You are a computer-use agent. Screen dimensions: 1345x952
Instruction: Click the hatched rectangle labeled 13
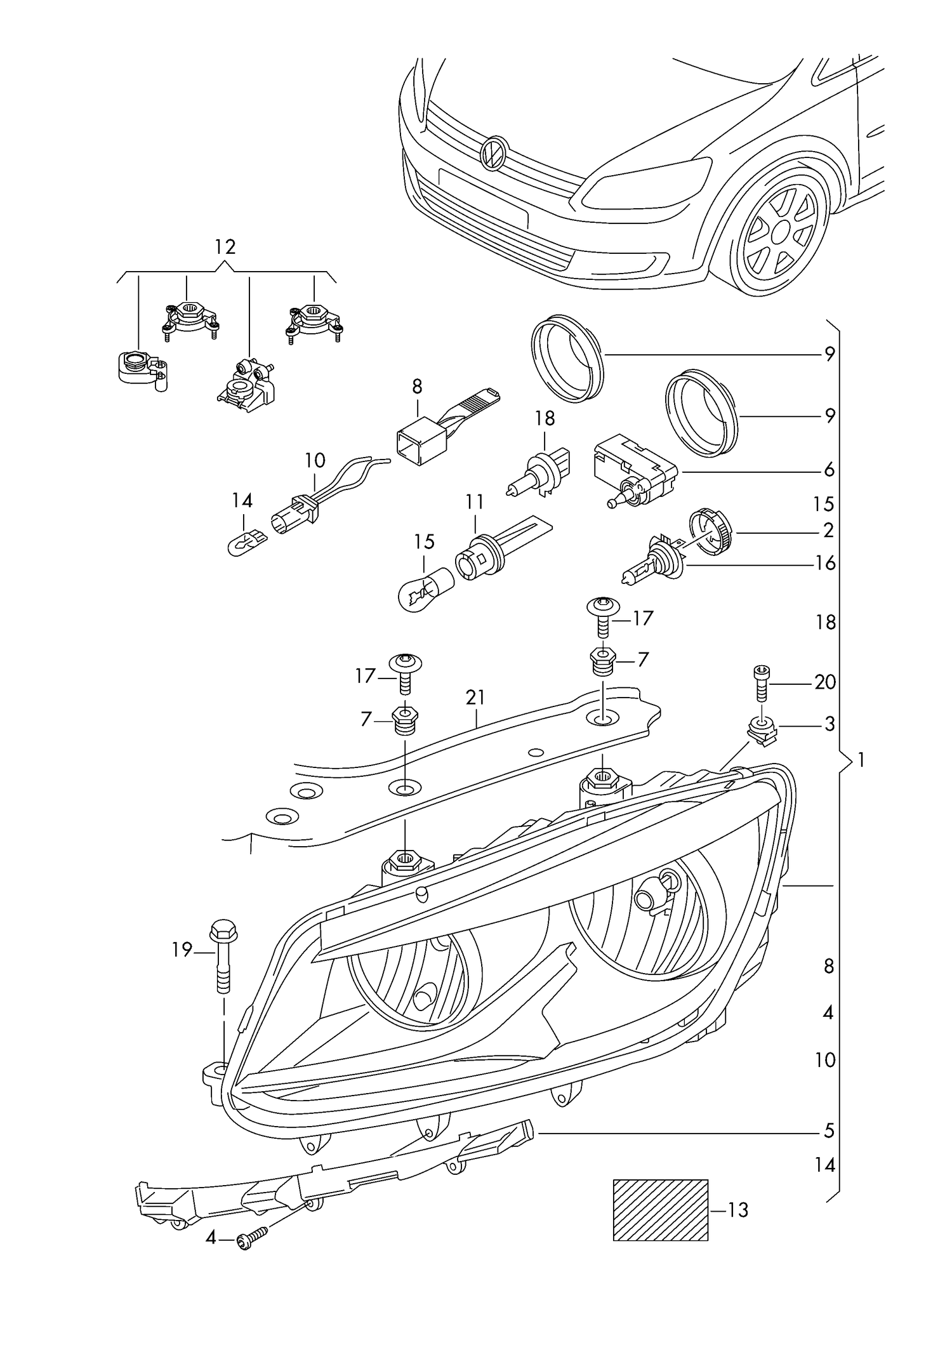[x=660, y=1210]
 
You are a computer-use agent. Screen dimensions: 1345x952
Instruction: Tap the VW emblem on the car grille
[x=493, y=153]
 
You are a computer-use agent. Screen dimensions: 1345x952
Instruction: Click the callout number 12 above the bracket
[x=225, y=247]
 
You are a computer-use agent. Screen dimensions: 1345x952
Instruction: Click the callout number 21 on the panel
[x=475, y=698]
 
